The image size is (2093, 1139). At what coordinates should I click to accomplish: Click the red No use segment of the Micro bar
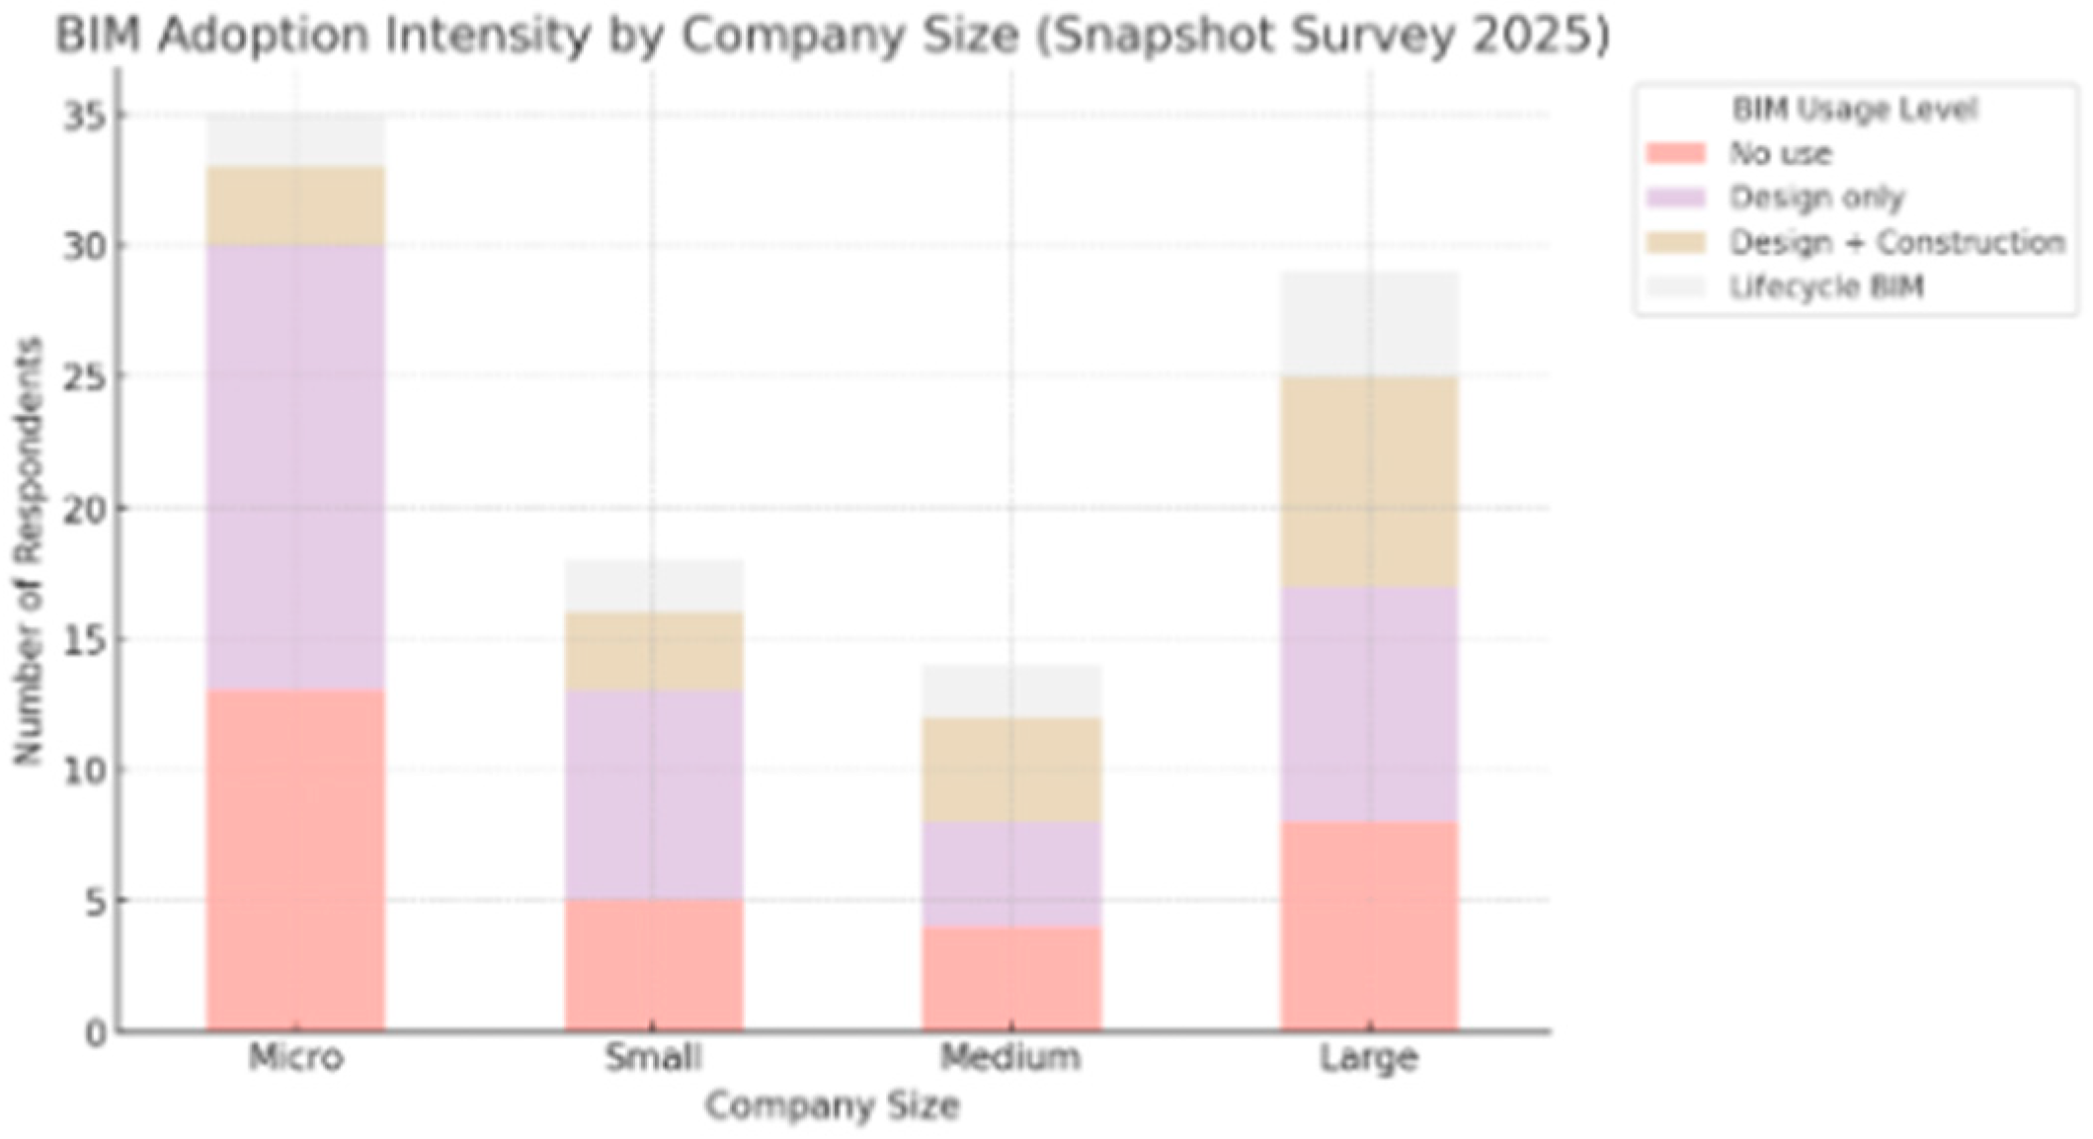click(x=295, y=859)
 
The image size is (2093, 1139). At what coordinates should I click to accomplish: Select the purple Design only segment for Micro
click(x=295, y=467)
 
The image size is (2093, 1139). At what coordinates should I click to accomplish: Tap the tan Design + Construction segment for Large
click(x=1369, y=482)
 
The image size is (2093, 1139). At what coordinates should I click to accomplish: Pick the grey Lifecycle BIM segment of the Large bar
click(x=1369, y=324)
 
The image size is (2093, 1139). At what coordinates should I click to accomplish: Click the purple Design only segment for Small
click(x=654, y=795)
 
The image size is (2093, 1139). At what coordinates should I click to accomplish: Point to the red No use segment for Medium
click(x=1011, y=978)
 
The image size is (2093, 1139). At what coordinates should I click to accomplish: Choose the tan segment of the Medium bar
click(x=1011, y=770)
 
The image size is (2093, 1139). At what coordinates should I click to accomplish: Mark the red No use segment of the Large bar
click(x=1369, y=926)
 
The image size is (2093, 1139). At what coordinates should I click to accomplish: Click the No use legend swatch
click(x=1675, y=154)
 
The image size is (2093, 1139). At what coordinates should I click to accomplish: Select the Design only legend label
click(x=1816, y=199)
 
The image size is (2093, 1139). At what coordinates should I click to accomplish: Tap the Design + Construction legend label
click(x=1896, y=243)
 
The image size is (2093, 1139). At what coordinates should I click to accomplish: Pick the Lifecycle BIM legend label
click(x=1826, y=287)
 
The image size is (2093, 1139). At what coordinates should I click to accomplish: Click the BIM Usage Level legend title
click(x=1854, y=109)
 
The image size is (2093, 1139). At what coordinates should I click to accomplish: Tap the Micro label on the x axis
click(x=295, y=1058)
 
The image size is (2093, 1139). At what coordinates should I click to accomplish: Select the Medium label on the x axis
click(x=1011, y=1058)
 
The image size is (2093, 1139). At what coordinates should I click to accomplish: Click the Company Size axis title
click(x=832, y=1105)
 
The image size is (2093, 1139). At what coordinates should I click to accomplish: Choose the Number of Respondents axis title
click(x=29, y=550)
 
